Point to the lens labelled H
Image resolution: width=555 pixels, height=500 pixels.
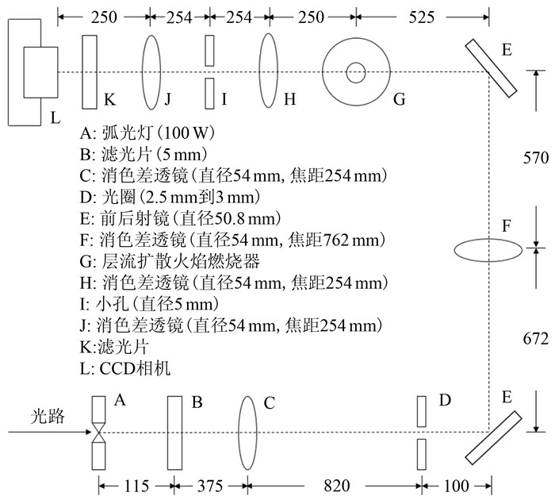pyautogui.click(x=269, y=71)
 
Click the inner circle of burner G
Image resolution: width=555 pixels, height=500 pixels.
pyautogui.click(x=355, y=72)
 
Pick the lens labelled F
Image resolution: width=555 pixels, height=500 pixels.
pyautogui.click(x=488, y=249)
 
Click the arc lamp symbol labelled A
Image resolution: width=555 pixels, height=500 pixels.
pyautogui.click(x=99, y=433)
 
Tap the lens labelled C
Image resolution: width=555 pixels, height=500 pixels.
pyautogui.click(x=248, y=433)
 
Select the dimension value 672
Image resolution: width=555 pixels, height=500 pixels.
pyautogui.click(x=536, y=339)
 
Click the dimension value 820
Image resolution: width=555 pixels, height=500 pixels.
pyautogui.click(x=334, y=483)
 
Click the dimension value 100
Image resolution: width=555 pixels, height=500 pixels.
pyautogui.click(x=457, y=483)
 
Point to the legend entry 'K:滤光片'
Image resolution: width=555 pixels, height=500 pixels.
pyautogui.click(x=118, y=346)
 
